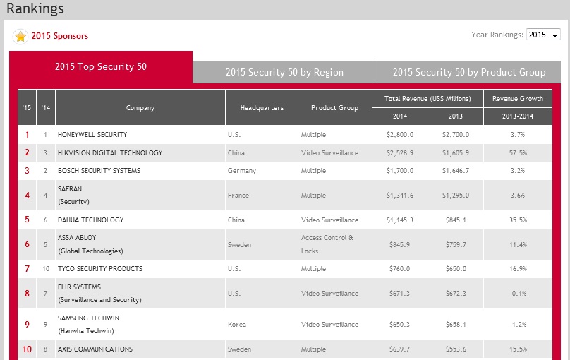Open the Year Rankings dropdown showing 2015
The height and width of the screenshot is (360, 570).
tap(543, 35)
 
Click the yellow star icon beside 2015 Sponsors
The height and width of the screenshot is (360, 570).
tap(20, 36)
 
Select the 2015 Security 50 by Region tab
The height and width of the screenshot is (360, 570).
tap(284, 72)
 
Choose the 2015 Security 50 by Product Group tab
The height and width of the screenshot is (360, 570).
tap(469, 72)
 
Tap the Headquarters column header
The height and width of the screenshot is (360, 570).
tap(262, 108)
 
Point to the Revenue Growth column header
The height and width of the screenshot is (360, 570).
tap(518, 99)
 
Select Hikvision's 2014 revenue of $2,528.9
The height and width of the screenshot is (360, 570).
tap(400, 153)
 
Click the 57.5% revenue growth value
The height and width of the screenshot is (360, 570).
tap(518, 153)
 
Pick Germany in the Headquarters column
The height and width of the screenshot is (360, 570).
tap(242, 171)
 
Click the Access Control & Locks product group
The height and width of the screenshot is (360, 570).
tap(327, 244)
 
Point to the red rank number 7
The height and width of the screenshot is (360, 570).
tap(28, 269)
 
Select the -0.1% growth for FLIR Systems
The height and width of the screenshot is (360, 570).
tap(518, 294)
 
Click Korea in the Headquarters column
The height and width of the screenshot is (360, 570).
tap(237, 323)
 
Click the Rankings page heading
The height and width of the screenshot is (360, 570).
tap(35, 9)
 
